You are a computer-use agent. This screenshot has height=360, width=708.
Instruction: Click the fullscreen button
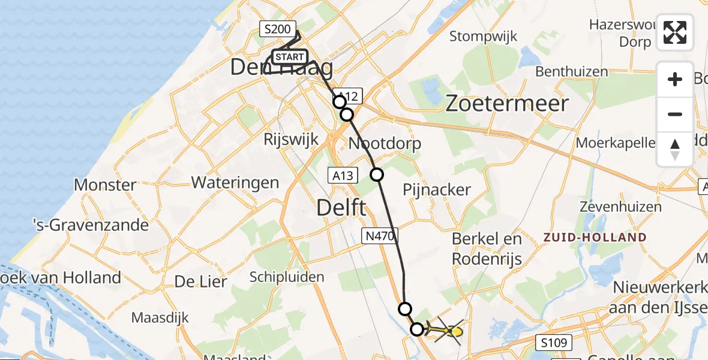[675, 32]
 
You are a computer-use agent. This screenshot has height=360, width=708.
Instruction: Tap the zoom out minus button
[675, 114]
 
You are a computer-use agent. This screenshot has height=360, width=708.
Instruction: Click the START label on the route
[290, 57]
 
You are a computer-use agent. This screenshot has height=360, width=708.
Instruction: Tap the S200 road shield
[277, 29]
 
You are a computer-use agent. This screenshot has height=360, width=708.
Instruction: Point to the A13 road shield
[343, 175]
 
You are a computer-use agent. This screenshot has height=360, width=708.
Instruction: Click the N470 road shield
[379, 236]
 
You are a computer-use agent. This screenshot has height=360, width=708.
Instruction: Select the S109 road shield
[553, 343]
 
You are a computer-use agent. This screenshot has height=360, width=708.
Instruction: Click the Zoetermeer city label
[507, 104]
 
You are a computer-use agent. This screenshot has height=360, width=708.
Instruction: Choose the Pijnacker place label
[437, 190]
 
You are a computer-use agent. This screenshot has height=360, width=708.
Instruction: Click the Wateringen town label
[235, 182]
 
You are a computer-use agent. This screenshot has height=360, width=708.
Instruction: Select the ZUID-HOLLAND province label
[595, 238]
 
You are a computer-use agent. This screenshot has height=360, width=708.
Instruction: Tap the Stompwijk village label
[484, 37]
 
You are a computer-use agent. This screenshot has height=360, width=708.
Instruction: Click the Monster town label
[105, 184]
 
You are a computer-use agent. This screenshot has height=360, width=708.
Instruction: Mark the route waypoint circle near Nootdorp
[376, 175]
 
